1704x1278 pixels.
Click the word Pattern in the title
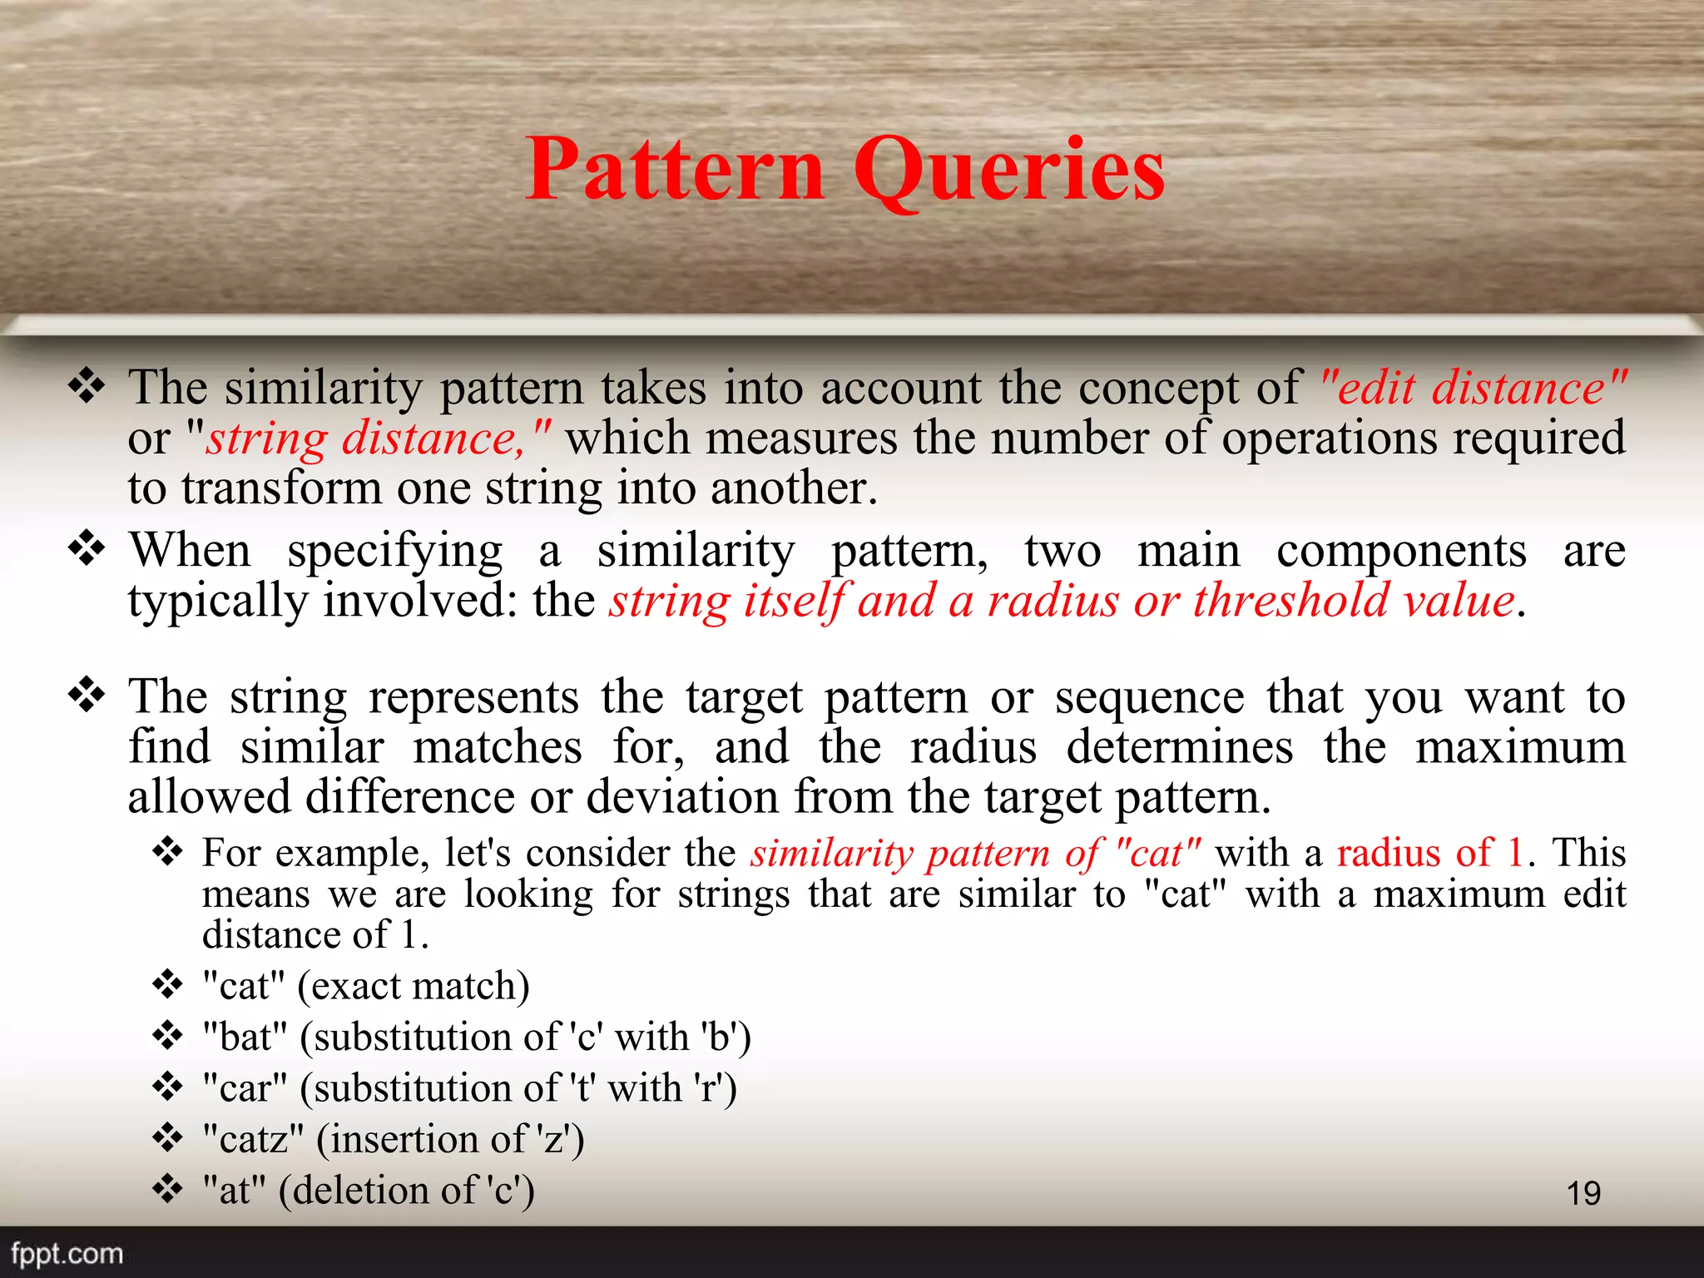pyautogui.click(x=675, y=171)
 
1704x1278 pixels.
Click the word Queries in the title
pyautogui.click(x=1009, y=171)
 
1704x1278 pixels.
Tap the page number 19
pyautogui.click(x=1583, y=1193)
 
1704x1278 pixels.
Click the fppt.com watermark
pyautogui.click(x=67, y=1253)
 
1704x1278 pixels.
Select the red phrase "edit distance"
pyautogui.click(x=1474, y=388)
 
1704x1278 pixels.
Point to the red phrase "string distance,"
pyautogui.click(x=379, y=438)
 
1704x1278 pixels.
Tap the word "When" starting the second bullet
pyautogui.click(x=190, y=551)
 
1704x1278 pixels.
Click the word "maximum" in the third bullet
pyautogui.click(x=1520, y=746)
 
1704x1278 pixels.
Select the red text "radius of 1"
pyautogui.click(x=1430, y=853)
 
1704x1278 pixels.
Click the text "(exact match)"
pyautogui.click(x=414, y=987)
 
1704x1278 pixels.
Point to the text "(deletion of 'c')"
pyautogui.click(x=407, y=1190)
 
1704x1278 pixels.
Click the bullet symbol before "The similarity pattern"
pyautogui.click(x=87, y=386)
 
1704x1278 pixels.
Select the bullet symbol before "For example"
pyautogui.click(x=168, y=852)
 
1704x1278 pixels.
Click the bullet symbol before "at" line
pyautogui.click(x=168, y=1189)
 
